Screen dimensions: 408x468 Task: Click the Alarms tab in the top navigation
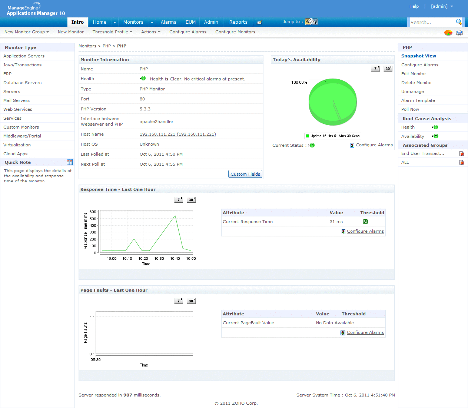pos(168,22)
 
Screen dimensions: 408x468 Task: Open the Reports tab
pos(238,22)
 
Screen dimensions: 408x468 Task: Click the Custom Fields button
pos(245,174)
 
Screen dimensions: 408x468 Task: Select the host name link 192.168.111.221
pos(177,134)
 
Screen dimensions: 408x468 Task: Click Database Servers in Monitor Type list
pos(22,83)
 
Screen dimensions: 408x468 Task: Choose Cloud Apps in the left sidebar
pos(15,154)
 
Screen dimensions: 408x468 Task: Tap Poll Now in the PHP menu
pos(410,109)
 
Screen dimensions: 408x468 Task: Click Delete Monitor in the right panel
pos(416,83)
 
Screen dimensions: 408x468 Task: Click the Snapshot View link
pos(418,56)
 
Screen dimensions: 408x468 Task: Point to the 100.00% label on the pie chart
pos(299,82)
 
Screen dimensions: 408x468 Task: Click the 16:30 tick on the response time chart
pos(159,259)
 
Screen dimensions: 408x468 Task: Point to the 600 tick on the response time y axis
pos(93,212)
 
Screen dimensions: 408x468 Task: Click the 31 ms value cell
pos(336,222)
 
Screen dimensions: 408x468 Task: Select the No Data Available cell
pos(335,323)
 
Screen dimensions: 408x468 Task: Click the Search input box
pos(431,23)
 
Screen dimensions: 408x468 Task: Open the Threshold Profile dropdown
pos(112,32)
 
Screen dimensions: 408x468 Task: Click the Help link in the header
pos(414,6)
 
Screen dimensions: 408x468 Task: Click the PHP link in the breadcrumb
pos(107,46)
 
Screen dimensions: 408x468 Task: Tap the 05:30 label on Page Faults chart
pos(96,360)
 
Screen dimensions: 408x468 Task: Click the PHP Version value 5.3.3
pos(145,109)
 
